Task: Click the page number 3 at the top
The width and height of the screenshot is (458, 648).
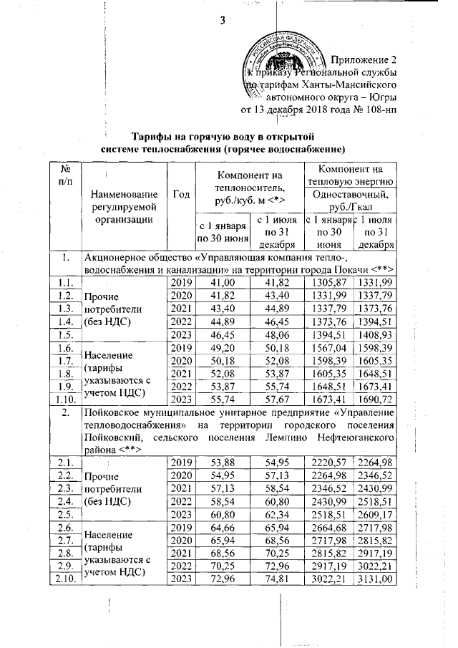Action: tap(223, 19)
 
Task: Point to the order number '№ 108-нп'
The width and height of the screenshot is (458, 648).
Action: tap(376, 110)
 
